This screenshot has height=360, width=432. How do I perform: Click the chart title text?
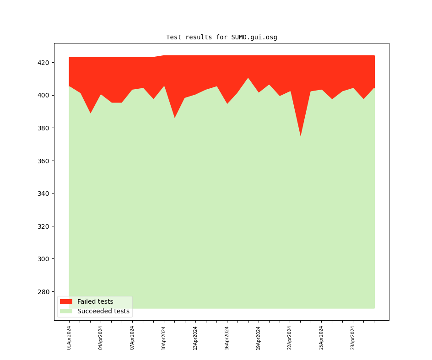221,38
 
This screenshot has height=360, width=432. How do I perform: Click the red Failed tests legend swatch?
66,301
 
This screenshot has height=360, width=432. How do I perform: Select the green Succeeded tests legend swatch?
66,311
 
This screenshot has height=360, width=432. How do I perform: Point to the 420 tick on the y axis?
45,63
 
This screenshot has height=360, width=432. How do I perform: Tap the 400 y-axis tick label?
45,95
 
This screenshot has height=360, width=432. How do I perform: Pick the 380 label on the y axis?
45,128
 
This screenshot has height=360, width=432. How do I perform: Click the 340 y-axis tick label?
45,193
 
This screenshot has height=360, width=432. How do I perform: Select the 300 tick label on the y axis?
45,259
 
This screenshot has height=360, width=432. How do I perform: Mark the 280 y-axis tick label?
45,292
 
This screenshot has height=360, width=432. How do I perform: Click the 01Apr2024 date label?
69,338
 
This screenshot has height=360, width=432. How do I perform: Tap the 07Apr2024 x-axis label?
132,338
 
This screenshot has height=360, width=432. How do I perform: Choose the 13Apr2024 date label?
195,338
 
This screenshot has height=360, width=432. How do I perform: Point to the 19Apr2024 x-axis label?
259,338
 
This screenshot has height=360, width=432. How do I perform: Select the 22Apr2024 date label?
290,338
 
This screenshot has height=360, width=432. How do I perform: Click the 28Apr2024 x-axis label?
353,338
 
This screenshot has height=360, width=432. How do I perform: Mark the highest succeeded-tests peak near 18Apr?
248,78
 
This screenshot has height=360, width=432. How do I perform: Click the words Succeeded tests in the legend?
103,311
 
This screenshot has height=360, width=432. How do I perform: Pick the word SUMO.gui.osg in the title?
254,38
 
